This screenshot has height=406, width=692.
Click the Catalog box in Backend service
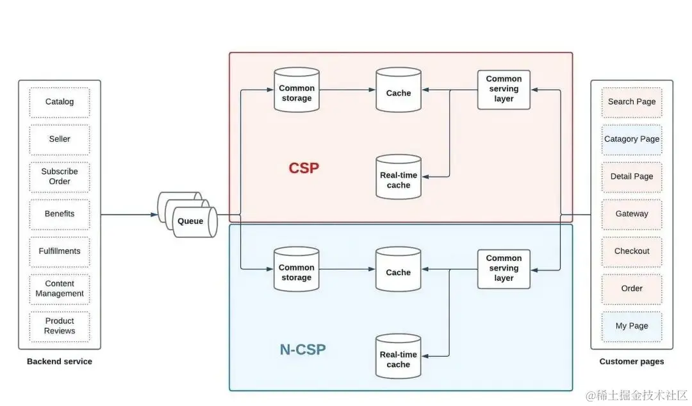tap(60, 102)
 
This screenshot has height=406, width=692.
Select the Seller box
tap(60, 139)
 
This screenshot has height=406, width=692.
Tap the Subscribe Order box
tap(60, 176)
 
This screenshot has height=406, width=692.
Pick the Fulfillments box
tap(60, 251)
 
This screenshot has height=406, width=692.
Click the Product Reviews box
tap(60, 326)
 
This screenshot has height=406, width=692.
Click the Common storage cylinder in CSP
tap(297, 93)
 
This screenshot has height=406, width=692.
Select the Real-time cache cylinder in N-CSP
tap(398, 359)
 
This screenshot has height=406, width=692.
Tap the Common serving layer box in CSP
tap(504, 89)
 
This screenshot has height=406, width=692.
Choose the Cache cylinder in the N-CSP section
tap(398, 272)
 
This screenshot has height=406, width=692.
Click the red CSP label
tap(304, 169)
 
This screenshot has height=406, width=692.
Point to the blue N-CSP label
tap(302, 350)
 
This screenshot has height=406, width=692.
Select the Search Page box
tap(631, 102)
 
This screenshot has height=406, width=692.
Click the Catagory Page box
tap(631, 139)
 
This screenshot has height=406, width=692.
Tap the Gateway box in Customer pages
tap(631, 214)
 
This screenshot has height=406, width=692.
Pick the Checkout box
tap(631, 251)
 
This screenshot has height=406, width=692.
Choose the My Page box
tap(631, 326)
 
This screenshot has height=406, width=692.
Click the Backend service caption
tap(60, 362)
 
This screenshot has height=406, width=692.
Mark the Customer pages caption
tap(631, 362)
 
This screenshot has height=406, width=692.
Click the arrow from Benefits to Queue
tap(128, 214)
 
